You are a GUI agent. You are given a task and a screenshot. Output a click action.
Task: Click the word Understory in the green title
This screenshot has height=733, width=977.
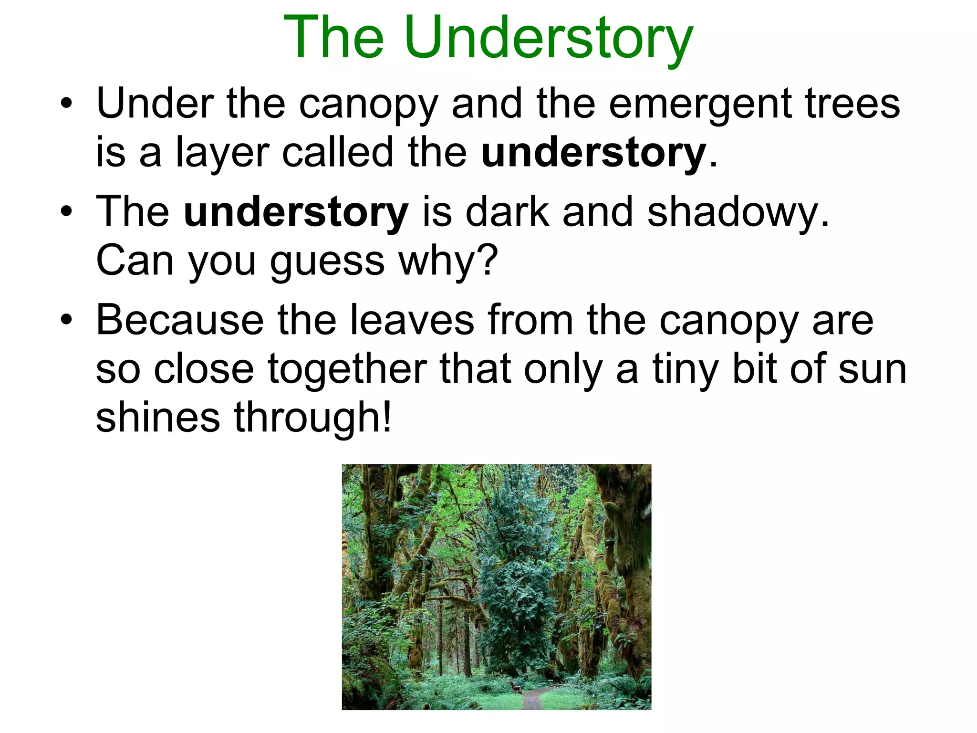(x=549, y=38)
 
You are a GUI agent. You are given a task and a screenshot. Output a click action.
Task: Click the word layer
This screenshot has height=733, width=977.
(x=223, y=154)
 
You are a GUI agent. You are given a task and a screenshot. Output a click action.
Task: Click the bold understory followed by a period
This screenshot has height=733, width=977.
(x=593, y=154)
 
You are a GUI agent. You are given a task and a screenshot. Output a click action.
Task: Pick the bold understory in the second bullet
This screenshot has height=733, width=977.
(x=296, y=213)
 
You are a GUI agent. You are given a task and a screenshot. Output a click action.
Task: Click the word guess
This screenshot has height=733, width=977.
(x=327, y=262)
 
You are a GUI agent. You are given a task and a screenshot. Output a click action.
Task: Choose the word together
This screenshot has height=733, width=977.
(x=347, y=369)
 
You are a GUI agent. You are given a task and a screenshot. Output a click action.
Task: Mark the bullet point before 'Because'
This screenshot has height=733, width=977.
(x=66, y=319)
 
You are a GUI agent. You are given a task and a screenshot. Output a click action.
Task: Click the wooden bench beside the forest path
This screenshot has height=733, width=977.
(x=514, y=687)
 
